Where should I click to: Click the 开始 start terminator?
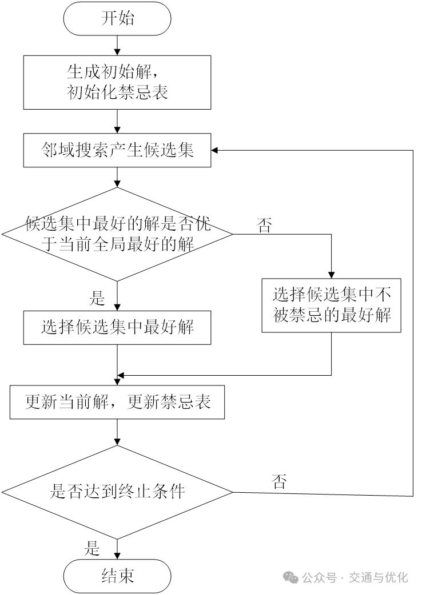click(x=117, y=18)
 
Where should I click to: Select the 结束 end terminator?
click(x=117, y=576)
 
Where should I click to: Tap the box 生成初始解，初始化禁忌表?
click(x=117, y=82)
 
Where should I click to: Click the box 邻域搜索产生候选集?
click(x=117, y=150)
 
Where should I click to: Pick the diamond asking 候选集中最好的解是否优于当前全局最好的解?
click(x=117, y=234)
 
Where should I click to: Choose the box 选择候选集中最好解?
click(x=117, y=328)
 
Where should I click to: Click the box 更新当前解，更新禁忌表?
click(x=117, y=402)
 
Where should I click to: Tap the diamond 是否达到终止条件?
click(x=117, y=492)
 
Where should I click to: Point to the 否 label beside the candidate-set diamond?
click(x=264, y=225)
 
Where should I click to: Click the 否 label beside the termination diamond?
click(x=279, y=481)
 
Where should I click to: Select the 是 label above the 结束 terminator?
click(x=93, y=549)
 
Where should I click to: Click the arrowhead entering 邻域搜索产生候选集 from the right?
click(x=215, y=150)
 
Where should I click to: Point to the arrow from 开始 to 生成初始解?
click(x=117, y=45)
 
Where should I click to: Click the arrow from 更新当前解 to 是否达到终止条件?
click(x=117, y=433)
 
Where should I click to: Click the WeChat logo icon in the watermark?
click(x=292, y=577)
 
